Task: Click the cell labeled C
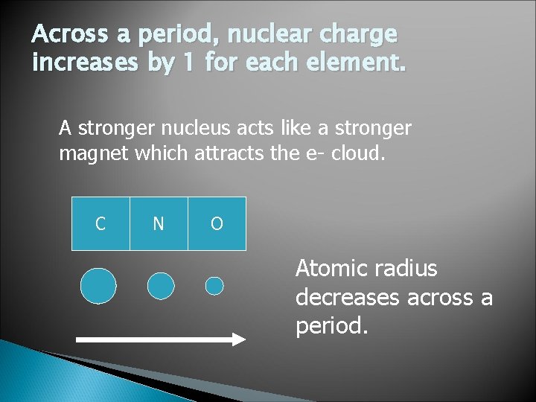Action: (100, 223)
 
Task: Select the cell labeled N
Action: (159, 223)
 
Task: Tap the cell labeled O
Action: (217, 223)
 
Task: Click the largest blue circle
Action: (98, 286)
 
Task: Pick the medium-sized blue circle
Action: (161, 286)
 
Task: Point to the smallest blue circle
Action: (214, 286)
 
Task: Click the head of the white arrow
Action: (239, 339)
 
